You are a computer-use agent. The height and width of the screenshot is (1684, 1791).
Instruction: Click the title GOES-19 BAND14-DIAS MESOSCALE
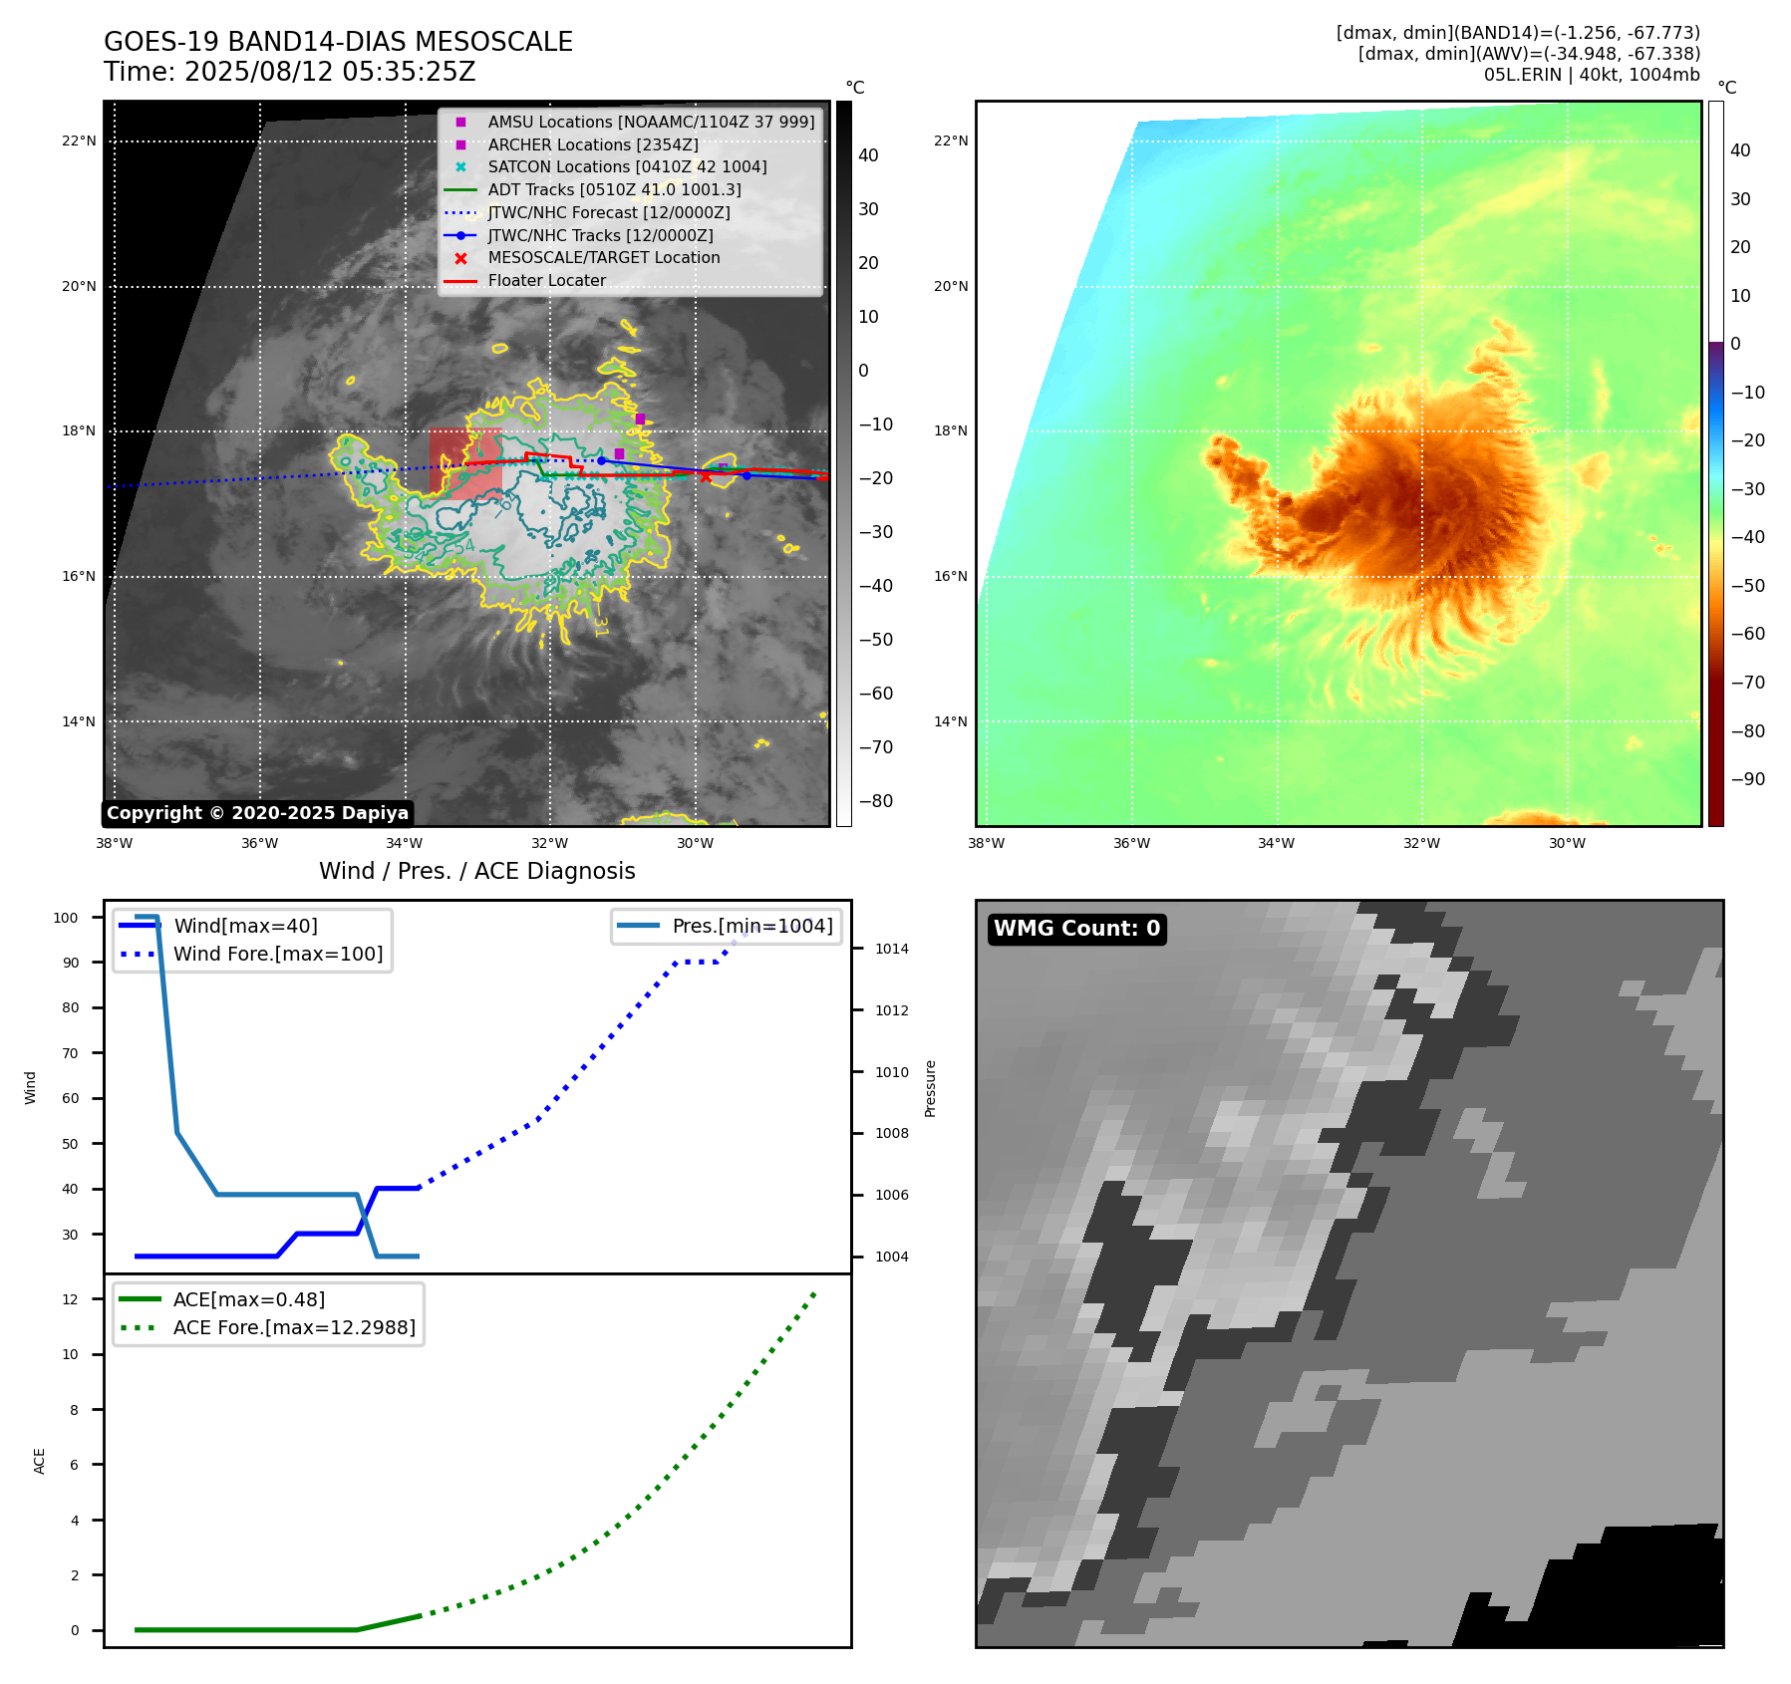tap(338, 42)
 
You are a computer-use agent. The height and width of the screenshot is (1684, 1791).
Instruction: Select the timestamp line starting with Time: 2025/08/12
tap(289, 72)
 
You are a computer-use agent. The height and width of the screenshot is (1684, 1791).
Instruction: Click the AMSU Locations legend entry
tap(650, 122)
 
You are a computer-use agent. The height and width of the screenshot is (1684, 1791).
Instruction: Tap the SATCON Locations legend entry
tap(627, 166)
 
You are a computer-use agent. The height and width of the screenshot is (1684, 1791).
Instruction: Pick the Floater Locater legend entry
tap(546, 280)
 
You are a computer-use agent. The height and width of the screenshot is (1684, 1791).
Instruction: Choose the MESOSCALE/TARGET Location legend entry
tap(603, 257)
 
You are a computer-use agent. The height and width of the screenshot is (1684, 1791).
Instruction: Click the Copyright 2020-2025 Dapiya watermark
tap(257, 813)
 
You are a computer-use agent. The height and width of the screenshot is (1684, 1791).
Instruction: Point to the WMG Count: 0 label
tap(1076, 929)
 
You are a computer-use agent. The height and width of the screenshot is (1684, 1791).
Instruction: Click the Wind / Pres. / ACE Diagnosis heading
tap(476, 871)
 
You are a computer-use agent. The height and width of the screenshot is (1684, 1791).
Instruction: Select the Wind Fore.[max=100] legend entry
tap(277, 954)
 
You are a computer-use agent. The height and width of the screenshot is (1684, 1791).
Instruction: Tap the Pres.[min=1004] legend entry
tap(751, 926)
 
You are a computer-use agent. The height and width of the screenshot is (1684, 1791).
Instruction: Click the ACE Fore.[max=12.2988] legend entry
tap(294, 1327)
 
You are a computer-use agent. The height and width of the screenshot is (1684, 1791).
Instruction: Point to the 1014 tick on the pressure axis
tap(891, 949)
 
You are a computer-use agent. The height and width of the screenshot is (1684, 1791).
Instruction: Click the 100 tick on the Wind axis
tap(66, 918)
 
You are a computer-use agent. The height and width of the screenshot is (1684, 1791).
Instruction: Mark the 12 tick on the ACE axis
tap(70, 1299)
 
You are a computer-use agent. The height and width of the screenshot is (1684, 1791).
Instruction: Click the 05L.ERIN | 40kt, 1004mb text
tap(1591, 75)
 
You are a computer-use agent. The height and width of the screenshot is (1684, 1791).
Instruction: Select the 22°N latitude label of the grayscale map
tap(79, 140)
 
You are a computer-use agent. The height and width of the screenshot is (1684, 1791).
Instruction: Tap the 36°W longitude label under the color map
tap(1131, 843)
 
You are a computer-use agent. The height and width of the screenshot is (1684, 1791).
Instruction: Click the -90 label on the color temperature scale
tap(1747, 779)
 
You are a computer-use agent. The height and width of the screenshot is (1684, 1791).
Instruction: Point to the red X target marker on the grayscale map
tap(706, 477)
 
